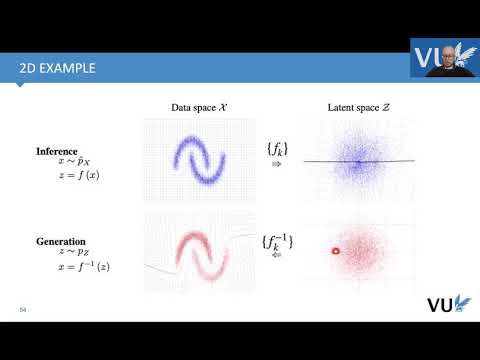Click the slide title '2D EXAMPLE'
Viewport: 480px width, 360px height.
point(58,68)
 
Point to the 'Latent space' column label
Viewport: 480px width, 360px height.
point(357,106)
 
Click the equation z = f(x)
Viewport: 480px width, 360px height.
point(70,175)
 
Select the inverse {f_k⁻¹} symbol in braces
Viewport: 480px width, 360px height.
point(278,240)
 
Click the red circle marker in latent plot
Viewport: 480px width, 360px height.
point(336,251)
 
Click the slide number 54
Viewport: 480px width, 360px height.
point(22,309)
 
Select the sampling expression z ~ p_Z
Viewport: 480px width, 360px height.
point(62,253)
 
